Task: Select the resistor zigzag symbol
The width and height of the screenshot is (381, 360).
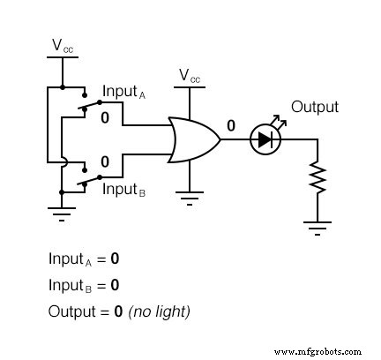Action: pos(317,182)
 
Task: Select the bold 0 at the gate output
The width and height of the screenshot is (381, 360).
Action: pos(231,126)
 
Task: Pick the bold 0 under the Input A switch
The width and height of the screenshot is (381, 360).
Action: pos(105,117)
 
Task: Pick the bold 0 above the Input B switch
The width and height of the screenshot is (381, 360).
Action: pos(105,161)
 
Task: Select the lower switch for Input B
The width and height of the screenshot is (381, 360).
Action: pos(86,181)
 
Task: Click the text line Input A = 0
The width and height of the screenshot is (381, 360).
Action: pos(84,259)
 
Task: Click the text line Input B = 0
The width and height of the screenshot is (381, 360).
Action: pos(84,285)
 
